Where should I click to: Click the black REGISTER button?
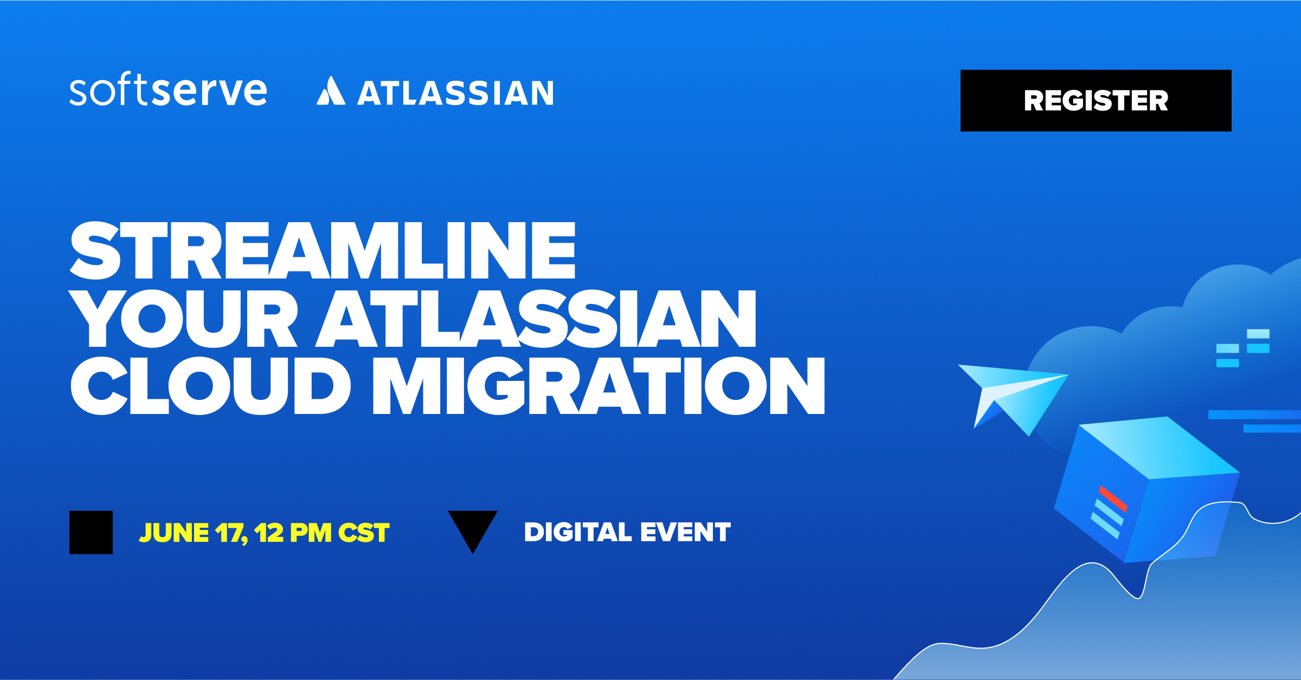coord(1096,100)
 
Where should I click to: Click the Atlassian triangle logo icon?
coord(331,90)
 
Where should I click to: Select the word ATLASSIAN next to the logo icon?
coord(455,93)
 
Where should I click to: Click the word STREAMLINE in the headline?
coord(323,250)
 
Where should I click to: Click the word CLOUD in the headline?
coord(210,386)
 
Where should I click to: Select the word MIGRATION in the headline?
coord(598,386)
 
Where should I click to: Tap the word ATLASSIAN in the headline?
coord(536,319)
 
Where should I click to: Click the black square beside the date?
coord(91,532)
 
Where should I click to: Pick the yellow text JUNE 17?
coord(193,533)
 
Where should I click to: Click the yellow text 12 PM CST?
coord(321,533)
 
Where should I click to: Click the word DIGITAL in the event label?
coord(578,532)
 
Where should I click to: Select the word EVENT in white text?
coord(685,532)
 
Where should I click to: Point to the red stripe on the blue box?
coord(1113,498)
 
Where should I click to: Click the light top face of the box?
coord(1158,448)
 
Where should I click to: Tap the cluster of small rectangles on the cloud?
coord(1242,348)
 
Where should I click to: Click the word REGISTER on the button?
coord(1096,100)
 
